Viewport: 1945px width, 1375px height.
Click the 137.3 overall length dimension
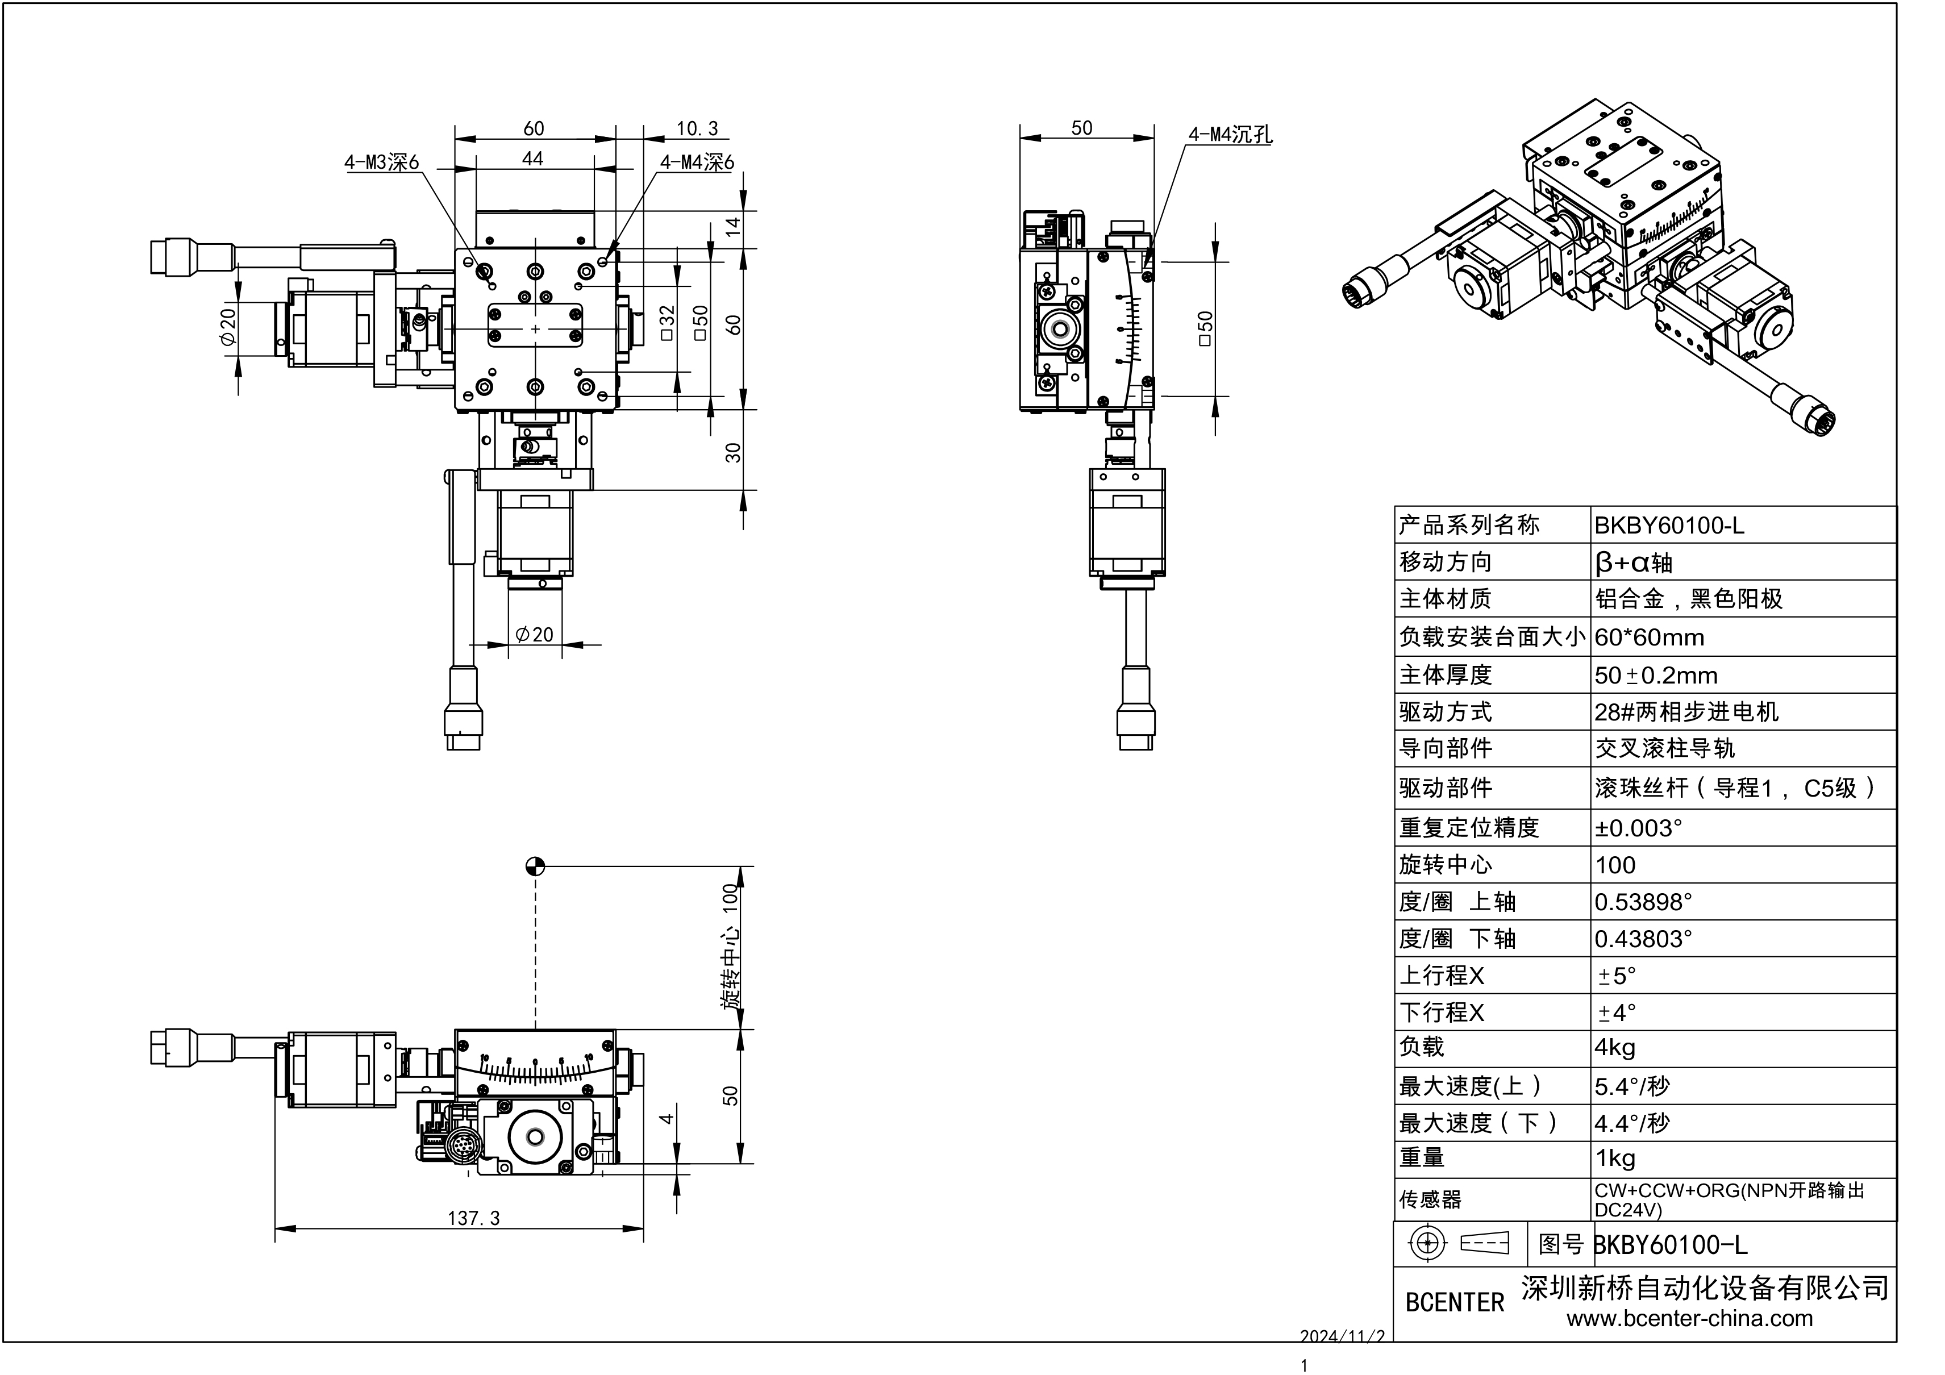(473, 1218)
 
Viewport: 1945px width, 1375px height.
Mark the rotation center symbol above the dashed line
(535, 866)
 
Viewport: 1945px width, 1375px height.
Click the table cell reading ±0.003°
(1638, 828)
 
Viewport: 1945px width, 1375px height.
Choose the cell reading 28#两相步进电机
(1686, 711)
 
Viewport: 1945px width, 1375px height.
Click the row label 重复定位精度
(1469, 828)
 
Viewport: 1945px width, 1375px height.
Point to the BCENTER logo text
(1455, 1302)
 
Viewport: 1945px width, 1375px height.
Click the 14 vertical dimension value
(733, 226)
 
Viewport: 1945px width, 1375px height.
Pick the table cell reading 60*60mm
(1648, 637)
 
